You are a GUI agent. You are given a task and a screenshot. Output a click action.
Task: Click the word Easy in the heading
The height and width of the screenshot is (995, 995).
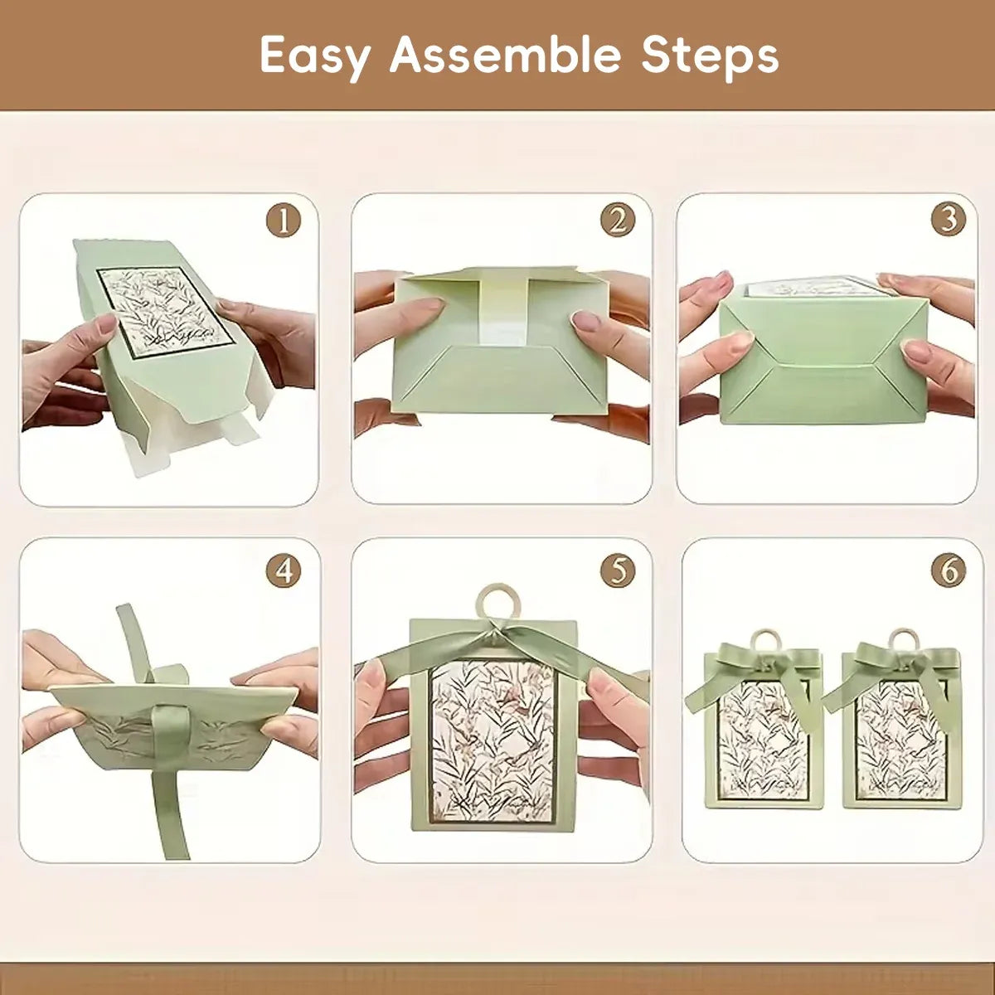(x=315, y=56)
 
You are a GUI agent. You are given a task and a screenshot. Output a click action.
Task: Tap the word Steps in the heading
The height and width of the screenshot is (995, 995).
(x=710, y=56)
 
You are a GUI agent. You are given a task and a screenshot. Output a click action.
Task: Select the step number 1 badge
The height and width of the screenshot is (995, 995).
(x=284, y=221)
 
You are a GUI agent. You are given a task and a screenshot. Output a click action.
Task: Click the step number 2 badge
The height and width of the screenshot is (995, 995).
(x=618, y=221)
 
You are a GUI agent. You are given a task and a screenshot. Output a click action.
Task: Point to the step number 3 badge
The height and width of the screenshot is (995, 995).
(x=949, y=220)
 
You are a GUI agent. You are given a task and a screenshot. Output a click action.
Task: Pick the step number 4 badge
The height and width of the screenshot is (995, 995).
(x=284, y=571)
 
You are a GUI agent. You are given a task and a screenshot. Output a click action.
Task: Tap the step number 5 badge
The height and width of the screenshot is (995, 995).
(x=618, y=571)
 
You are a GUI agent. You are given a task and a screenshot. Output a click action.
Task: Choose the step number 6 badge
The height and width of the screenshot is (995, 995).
(x=949, y=570)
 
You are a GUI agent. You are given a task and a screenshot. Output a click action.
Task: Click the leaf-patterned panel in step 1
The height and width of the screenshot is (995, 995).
(x=166, y=313)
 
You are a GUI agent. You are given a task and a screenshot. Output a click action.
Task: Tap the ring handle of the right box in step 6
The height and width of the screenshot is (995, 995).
(x=904, y=640)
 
